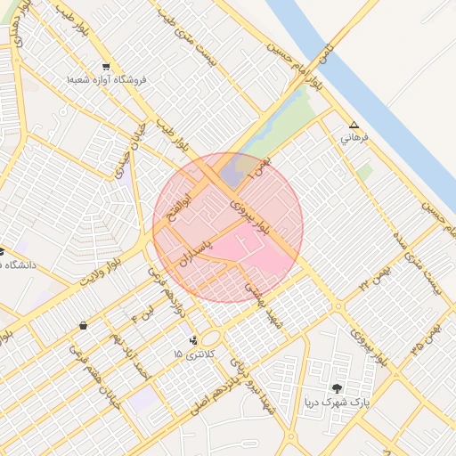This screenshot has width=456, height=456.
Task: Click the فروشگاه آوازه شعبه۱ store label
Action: click(106, 79)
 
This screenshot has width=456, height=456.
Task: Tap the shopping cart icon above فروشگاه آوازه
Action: click(107, 67)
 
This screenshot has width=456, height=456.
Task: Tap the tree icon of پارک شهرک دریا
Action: click(336, 387)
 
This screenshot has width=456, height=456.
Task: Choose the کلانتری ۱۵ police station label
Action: click(189, 354)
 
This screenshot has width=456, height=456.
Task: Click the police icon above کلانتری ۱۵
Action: click(193, 339)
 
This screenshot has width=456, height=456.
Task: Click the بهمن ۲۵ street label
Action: click(426, 343)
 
